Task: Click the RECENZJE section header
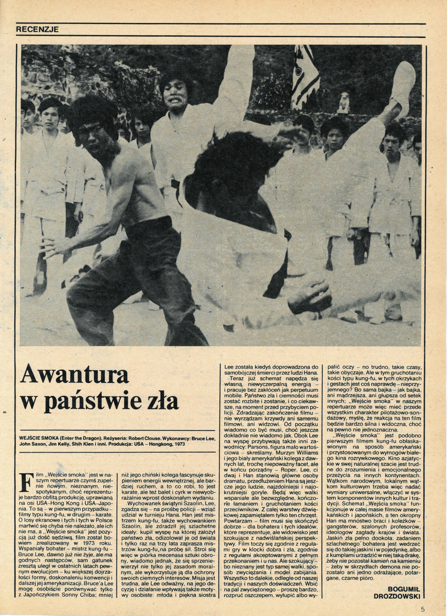click(37, 29)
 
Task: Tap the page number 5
click(422, 609)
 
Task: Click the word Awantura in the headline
click(74, 375)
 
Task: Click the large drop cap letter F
click(26, 480)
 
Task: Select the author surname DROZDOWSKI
click(398, 596)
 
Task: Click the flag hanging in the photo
click(305, 74)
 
